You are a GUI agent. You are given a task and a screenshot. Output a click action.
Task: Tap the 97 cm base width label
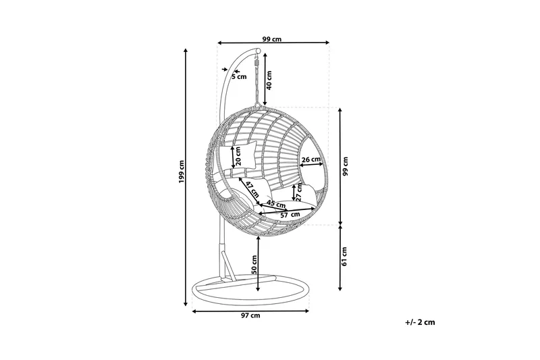pos(250,315)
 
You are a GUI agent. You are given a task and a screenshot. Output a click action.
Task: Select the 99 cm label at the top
pos(272,39)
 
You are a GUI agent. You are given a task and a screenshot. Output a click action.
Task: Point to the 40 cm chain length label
pos(269,80)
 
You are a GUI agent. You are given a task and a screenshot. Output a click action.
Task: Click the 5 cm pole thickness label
pos(240,76)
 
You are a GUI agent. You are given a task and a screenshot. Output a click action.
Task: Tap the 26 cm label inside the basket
pos(311,160)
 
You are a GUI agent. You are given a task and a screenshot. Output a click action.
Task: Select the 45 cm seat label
pos(277,203)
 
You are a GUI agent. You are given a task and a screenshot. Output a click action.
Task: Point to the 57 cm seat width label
pos(290,215)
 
